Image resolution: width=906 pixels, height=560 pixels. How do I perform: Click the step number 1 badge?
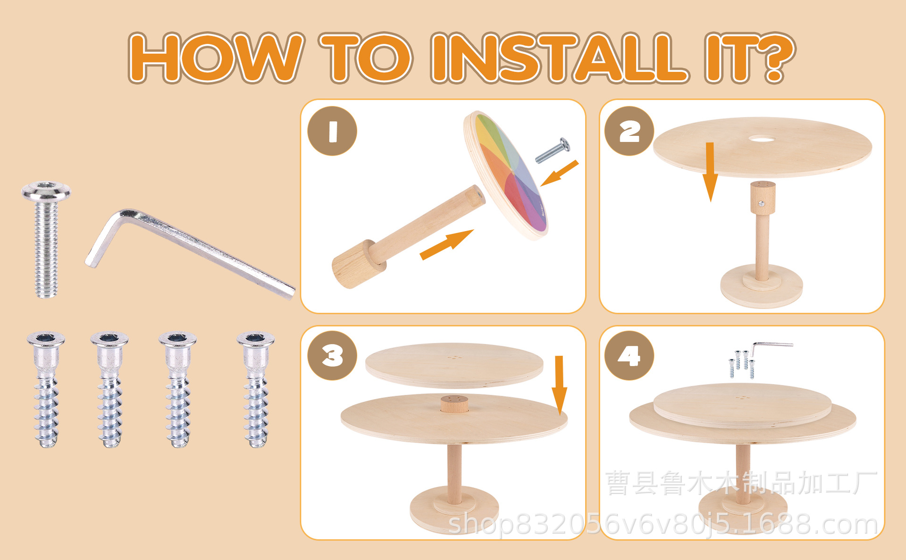(332, 131)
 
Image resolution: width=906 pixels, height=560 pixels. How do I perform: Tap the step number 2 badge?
(629, 131)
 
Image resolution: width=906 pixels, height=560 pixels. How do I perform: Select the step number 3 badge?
(332, 356)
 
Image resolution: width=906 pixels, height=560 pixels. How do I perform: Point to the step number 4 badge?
(629, 356)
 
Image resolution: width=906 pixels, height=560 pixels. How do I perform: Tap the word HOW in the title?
(216, 58)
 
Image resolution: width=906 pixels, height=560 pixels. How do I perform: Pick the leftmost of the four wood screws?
(46, 389)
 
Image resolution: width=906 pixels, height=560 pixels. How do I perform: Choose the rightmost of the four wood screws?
(255, 389)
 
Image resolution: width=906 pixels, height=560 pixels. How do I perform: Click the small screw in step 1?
(552, 150)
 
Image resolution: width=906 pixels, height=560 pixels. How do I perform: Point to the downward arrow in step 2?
(710, 173)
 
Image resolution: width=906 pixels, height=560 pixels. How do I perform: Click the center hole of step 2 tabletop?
(762, 139)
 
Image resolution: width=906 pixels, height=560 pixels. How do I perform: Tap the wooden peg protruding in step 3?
(454, 404)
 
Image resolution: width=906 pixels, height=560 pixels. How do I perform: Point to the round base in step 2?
(762, 286)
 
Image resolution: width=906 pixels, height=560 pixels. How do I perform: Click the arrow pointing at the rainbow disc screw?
(560, 173)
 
